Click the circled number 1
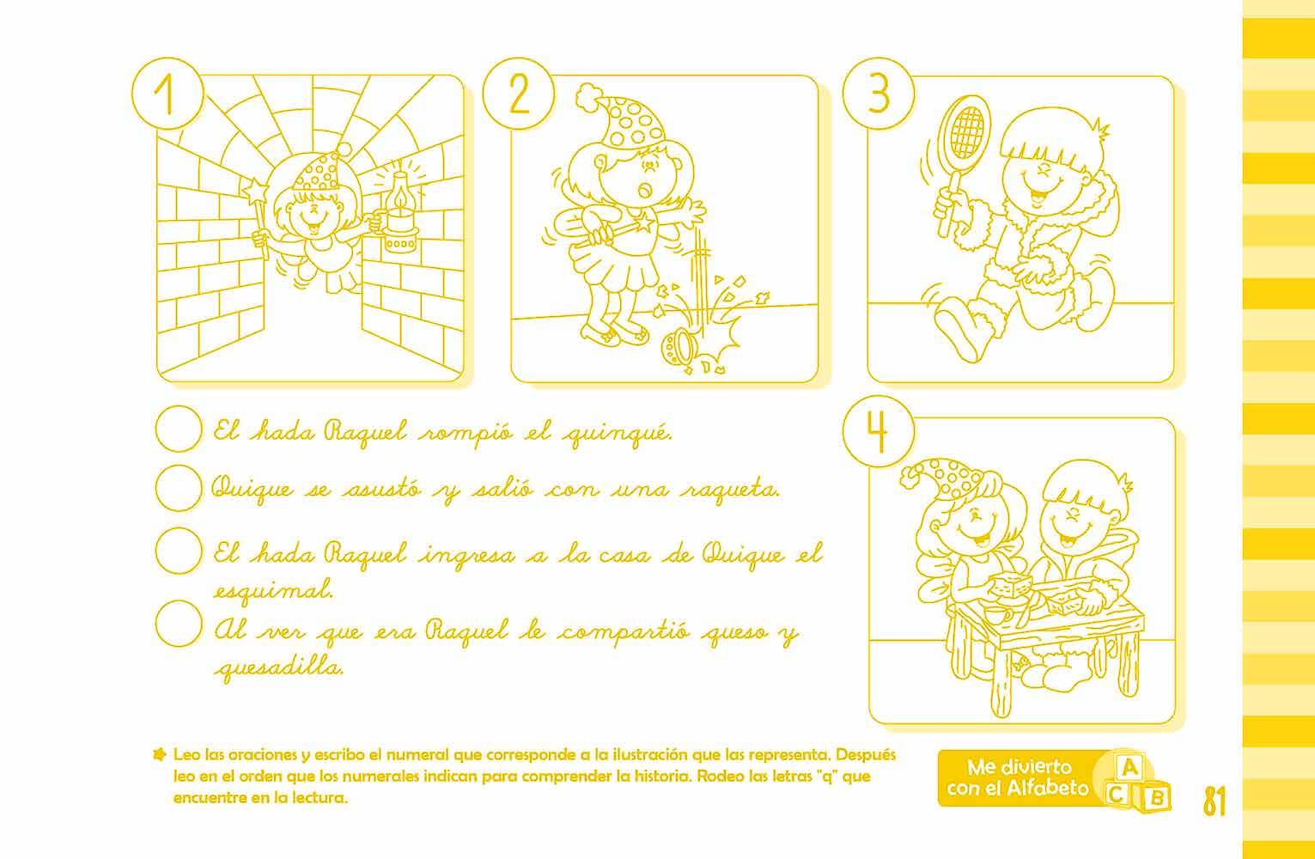coord(167,94)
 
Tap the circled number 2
coord(519,94)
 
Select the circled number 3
coord(879,94)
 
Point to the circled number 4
coord(879,431)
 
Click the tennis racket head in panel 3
coord(965,134)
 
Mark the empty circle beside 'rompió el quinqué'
coord(179,429)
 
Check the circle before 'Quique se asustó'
coord(179,488)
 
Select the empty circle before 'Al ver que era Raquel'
coord(179,624)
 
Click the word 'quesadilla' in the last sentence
coord(279,667)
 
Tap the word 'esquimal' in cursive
coord(273,589)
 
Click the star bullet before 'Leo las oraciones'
coord(159,754)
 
